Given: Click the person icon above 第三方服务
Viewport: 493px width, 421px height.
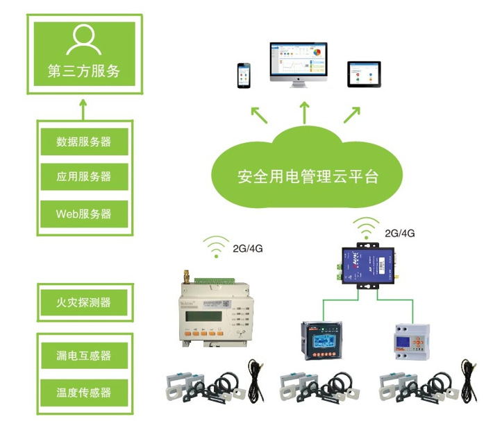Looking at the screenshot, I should pyautogui.click(x=83, y=40).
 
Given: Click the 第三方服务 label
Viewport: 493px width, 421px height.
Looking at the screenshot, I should pyautogui.click(x=83, y=70).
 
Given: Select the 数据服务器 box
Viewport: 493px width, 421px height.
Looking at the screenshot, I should pyautogui.click(x=83, y=141).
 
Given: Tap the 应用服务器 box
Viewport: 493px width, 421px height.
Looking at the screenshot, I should pyautogui.click(x=83, y=176).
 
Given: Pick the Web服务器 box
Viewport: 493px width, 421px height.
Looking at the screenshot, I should pyautogui.click(x=83, y=213).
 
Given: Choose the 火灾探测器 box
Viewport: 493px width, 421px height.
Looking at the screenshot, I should pyautogui.click(x=83, y=302).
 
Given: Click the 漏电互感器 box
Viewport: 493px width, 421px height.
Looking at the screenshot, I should pyautogui.click(x=83, y=356).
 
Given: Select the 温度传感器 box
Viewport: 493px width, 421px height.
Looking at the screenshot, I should pyautogui.click(x=83, y=392).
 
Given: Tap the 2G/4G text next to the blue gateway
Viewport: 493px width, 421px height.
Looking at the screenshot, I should pyautogui.click(x=399, y=233).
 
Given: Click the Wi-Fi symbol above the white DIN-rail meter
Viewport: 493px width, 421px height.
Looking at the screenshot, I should pyautogui.click(x=217, y=246).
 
